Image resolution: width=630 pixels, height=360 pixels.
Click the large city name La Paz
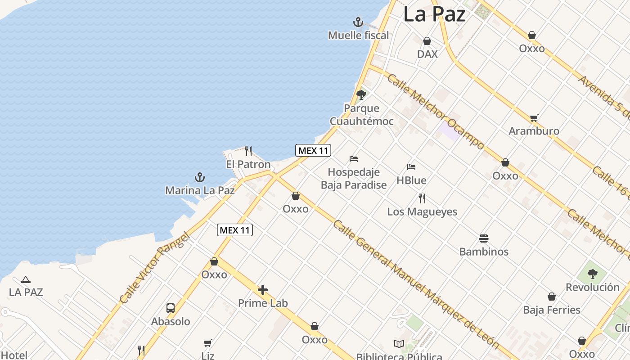pyautogui.click(x=434, y=14)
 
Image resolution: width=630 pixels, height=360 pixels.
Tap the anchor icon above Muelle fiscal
pyautogui.click(x=358, y=22)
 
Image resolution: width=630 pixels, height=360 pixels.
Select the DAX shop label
pyautogui.click(x=427, y=54)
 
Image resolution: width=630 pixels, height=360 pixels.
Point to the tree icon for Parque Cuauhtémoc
pyautogui.click(x=361, y=95)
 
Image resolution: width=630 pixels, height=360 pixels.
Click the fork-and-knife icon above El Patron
pyautogui.click(x=248, y=151)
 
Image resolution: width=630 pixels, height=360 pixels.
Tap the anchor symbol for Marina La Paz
pyautogui.click(x=199, y=177)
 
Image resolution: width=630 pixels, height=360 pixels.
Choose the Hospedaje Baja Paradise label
pyautogui.click(x=354, y=178)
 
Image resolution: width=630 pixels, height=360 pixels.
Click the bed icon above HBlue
pyautogui.click(x=411, y=167)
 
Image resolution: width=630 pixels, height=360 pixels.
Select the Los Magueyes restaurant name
pyautogui.click(x=422, y=211)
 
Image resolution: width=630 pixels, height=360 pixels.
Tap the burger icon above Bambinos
pyautogui.click(x=484, y=238)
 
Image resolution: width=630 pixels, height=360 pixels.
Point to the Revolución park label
pyautogui.click(x=593, y=287)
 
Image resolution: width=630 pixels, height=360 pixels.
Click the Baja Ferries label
pyautogui.click(x=552, y=310)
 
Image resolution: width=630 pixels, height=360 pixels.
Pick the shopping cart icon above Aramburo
pyautogui.click(x=534, y=118)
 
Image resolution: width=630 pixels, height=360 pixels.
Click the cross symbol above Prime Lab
pyautogui.click(x=263, y=290)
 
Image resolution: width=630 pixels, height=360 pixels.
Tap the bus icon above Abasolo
pyautogui.click(x=171, y=308)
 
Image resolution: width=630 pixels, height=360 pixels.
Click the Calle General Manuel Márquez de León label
pyautogui.click(x=416, y=283)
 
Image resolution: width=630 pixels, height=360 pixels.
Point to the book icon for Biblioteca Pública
pyautogui.click(x=399, y=344)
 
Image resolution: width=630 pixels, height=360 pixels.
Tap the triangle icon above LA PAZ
pyautogui.click(x=26, y=279)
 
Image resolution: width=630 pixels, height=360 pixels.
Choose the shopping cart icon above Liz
pyautogui.click(x=207, y=343)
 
